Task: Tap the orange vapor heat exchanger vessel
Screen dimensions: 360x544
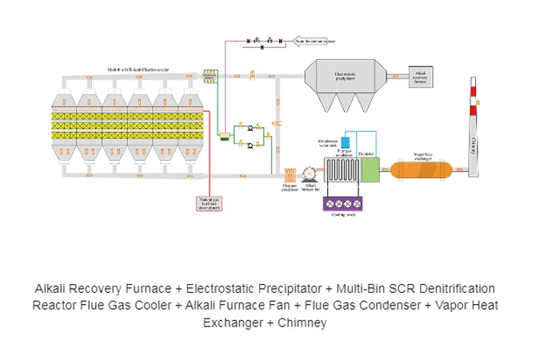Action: click(x=422, y=169)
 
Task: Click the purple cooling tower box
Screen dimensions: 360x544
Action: click(x=345, y=203)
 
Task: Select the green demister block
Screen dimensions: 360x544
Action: click(x=369, y=169)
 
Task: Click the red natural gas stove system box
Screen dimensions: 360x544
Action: click(x=208, y=204)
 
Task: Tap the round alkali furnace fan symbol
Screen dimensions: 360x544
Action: click(x=312, y=174)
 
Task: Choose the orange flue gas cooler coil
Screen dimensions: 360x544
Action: click(x=290, y=174)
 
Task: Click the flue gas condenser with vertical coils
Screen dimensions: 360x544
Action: click(x=341, y=170)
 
